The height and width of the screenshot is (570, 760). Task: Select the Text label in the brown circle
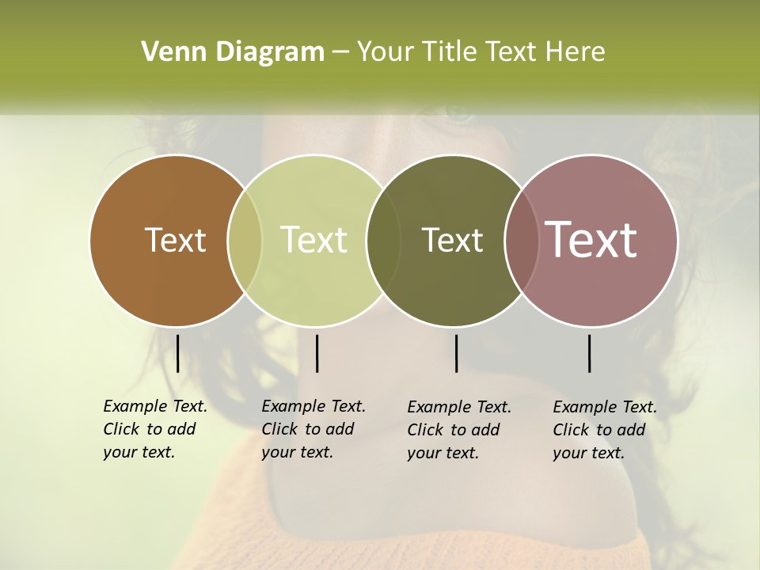tap(175, 240)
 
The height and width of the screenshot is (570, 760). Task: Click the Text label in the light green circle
tap(313, 240)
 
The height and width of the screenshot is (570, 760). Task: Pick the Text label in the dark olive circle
tap(452, 240)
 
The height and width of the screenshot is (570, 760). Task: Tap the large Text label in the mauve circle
tap(591, 239)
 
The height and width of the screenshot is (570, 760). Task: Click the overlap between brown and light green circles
tap(245, 241)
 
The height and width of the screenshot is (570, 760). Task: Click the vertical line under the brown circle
tap(177, 353)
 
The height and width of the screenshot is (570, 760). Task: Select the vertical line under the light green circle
tap(317, 353)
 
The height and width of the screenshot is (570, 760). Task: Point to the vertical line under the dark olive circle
tap(456, 353)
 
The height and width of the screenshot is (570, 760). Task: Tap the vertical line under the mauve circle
tap(589, 353)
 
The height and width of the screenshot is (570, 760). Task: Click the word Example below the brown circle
tap(135, 406)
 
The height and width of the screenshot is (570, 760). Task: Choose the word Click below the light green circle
tap(279, 429)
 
